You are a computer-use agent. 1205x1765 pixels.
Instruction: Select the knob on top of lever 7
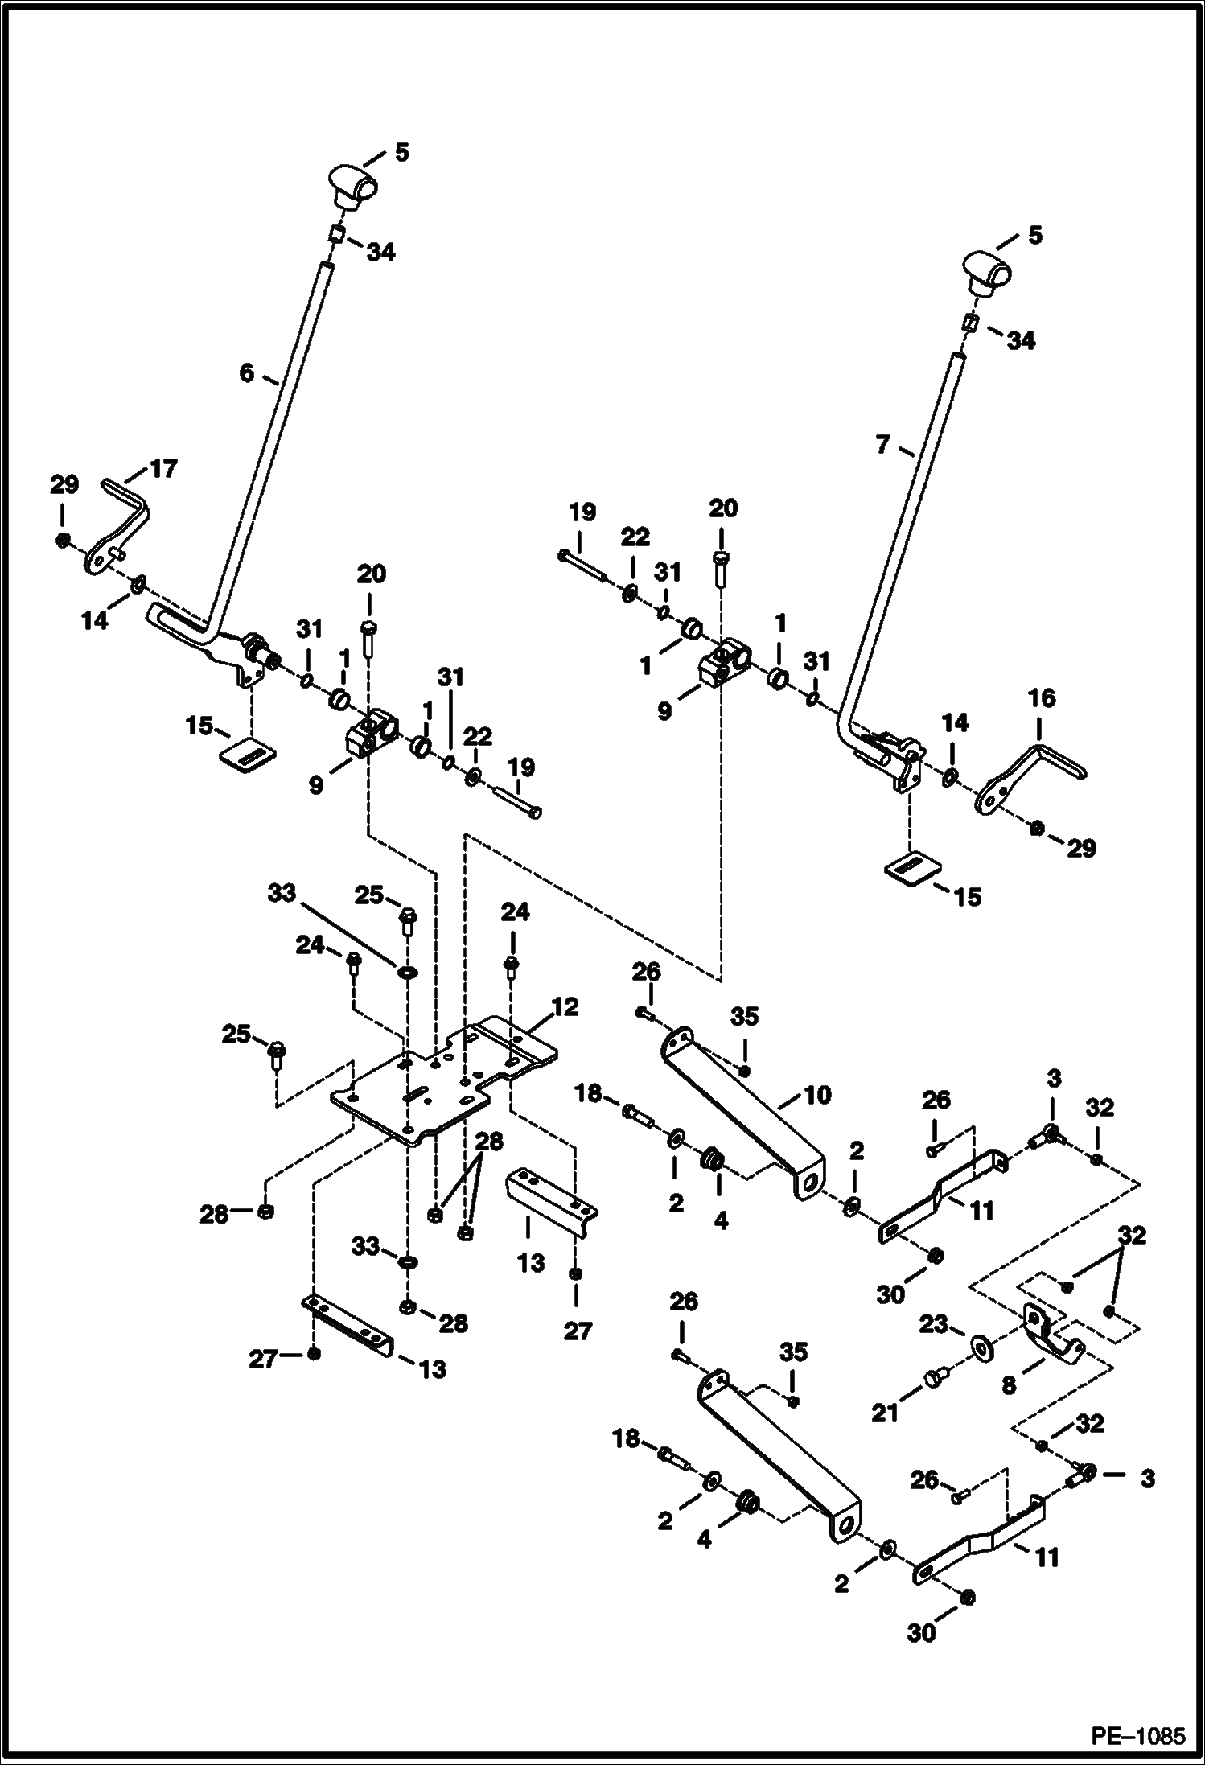click(x=987, y=273)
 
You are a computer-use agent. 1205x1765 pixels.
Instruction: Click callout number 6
click(x=246, y=372)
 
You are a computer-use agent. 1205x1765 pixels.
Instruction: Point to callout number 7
click(x=882, y=444)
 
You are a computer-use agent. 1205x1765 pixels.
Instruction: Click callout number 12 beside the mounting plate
click(x=565, y=1006)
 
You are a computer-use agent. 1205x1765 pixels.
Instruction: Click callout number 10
click(x=817, y=1094)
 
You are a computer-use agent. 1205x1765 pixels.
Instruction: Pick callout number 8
click(x=1010, y=1384)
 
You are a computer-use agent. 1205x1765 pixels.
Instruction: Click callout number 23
click(x=935, y=1324)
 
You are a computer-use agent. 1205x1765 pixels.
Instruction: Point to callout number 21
click(x=885, y=1412)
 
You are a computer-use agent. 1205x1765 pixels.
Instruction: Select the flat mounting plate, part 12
click(x=418, y=1094)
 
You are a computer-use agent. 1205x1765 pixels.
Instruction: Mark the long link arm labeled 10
click(x=740, y=1110)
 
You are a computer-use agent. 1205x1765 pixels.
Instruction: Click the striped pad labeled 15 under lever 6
click(x=249, y=754)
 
